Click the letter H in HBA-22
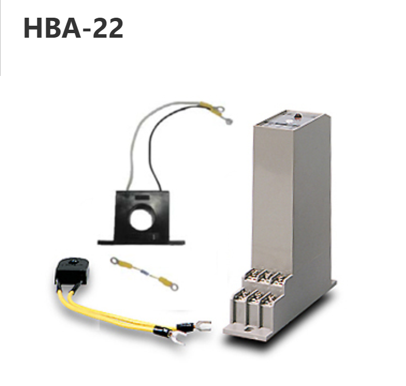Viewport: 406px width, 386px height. click(x=33, y=29)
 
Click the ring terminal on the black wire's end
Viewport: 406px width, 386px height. click(x=228, y=121)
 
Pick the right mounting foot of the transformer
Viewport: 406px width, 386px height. click(x=176, y=242)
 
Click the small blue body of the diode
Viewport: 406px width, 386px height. click(x=145, y=272)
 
